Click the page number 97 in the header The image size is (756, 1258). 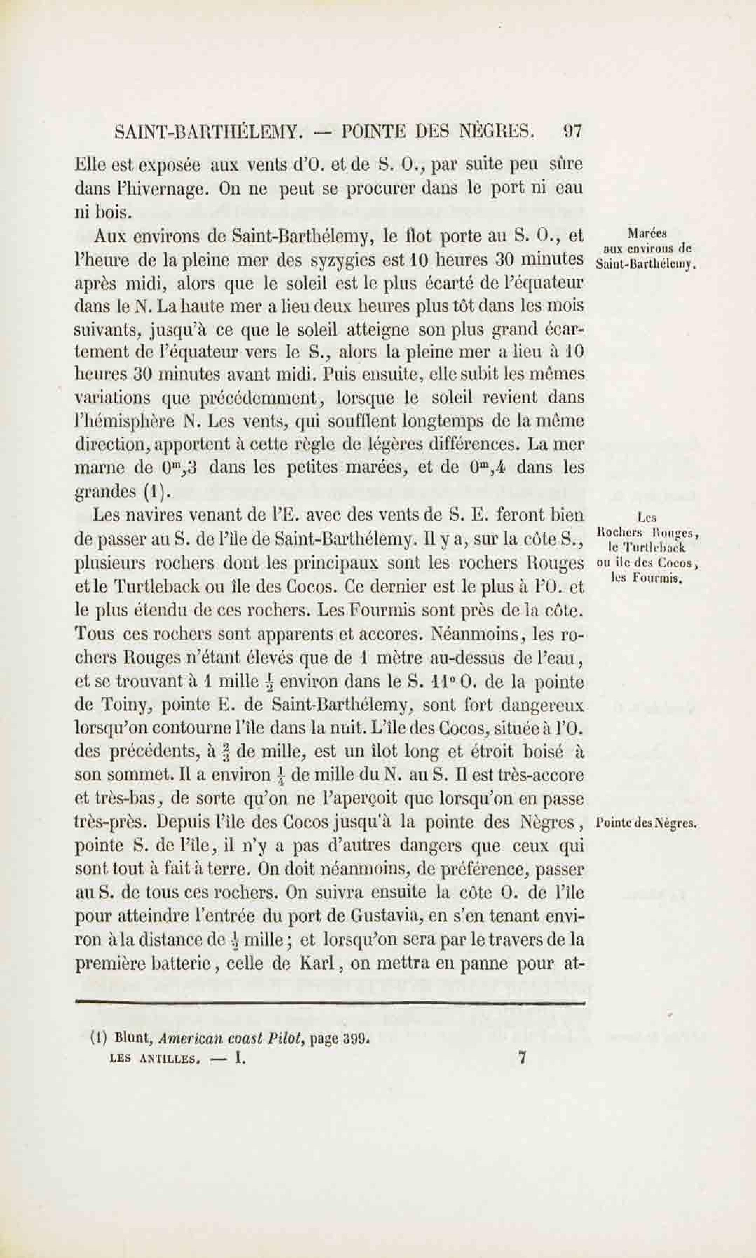click(x=572, y=132)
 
